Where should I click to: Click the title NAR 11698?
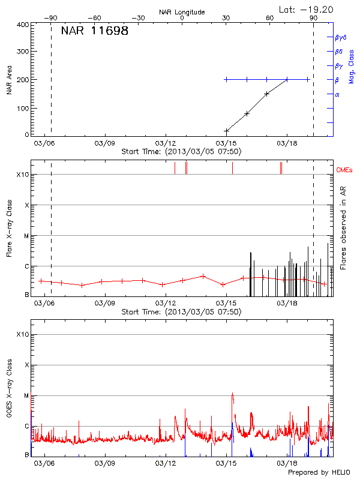(94, 31)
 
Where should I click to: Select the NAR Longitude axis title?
(182, 11)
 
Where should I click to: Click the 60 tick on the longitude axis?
(270, 19)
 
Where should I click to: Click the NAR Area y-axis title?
(9, 80)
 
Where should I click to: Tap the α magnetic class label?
(337, 94)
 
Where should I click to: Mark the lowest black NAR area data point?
(227, 131)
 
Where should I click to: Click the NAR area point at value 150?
(267, 94)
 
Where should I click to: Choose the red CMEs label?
(344, 170)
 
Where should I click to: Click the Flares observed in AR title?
(344, 227)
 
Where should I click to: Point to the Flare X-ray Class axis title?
(9, 228)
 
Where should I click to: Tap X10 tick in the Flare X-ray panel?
(22, 175)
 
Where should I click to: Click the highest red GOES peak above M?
(232, 394)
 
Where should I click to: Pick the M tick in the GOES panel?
(25, 395)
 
